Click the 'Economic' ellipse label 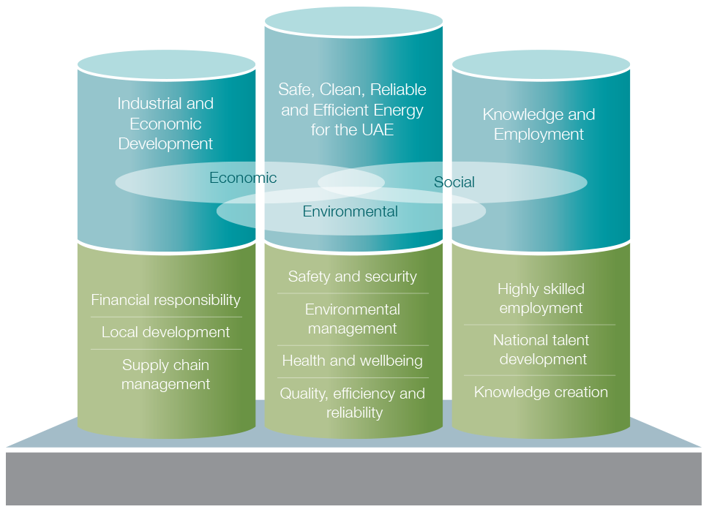point(243,178)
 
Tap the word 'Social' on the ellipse point(454,182)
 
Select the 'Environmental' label point(350,211)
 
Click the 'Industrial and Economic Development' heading point(165,124)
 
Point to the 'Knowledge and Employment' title point(539,124)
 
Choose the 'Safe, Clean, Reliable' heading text point(352,90)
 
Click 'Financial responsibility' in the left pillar point(165,300)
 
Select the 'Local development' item point(165,332)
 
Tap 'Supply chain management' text point(165,374)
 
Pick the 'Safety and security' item point(352,276)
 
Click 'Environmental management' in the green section point(352,319)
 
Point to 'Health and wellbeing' point(352,361)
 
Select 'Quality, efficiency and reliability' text point(352,403)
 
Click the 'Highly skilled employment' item point(541,298)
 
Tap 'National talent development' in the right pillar point(541,350)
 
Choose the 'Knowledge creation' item point(541,392)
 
